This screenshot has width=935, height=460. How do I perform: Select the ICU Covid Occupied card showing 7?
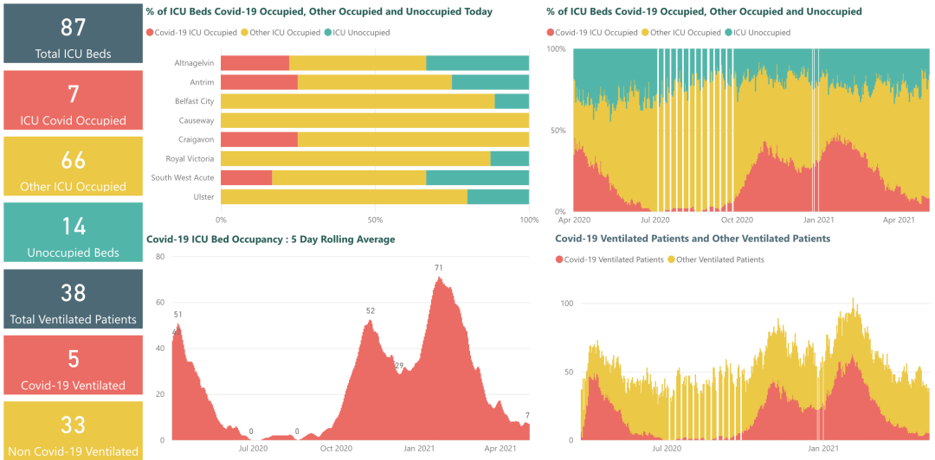[x=73, y=100]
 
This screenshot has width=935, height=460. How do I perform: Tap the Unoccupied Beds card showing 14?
[x=73, y=233]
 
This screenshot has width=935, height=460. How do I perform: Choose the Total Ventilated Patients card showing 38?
[x=73, y=299]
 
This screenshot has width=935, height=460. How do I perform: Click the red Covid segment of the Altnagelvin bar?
[x=255, y=63]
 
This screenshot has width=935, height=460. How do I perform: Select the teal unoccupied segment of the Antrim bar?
[x=490, y=82]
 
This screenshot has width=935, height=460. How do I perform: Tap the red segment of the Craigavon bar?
[x=259, y=139]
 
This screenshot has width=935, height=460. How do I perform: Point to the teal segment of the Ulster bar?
[x=498, y=197]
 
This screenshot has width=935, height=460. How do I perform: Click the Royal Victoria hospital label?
[x=190, y=159]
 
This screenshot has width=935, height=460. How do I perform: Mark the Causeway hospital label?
[x=197, y=120]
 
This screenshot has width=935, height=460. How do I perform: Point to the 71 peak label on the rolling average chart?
[x=439, y=268]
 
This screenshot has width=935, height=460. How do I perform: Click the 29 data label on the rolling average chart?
[x=399, y=365]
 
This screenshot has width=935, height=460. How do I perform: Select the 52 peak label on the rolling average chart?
[x=371, y=310]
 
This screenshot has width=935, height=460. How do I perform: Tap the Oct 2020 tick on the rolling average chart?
[x=336, y=448]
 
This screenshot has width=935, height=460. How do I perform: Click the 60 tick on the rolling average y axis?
[x=159, y=303]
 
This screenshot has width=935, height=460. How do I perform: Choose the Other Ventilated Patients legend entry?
[x=719, y=259]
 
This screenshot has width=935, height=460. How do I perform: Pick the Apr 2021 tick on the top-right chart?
[x=900, y=220]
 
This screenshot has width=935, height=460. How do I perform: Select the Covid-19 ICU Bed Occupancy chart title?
[x=270, y=240]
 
